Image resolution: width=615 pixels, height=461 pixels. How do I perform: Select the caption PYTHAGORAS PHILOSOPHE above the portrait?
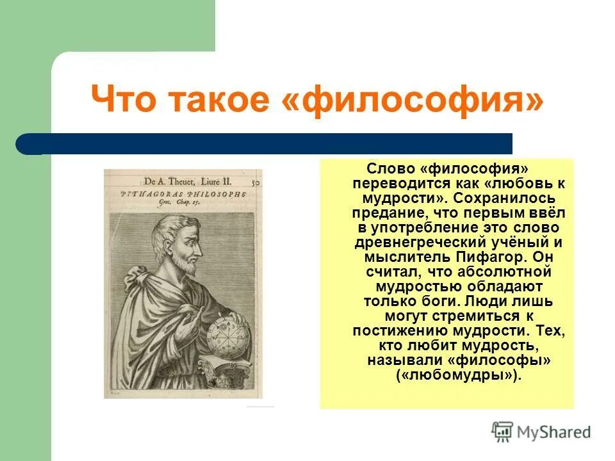click(x=183, y=193)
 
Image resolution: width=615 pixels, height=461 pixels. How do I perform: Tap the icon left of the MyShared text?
click(x=503, y=432)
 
